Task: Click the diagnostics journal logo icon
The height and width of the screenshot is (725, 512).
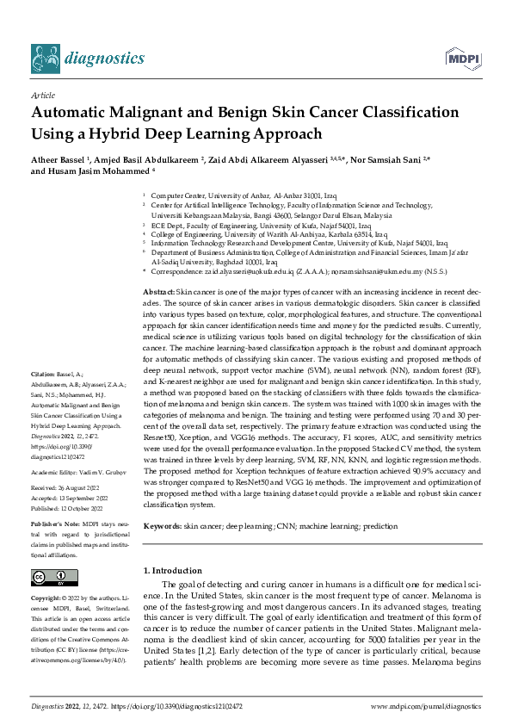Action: (46, 58)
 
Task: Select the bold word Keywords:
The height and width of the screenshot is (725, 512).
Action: (163, 524)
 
